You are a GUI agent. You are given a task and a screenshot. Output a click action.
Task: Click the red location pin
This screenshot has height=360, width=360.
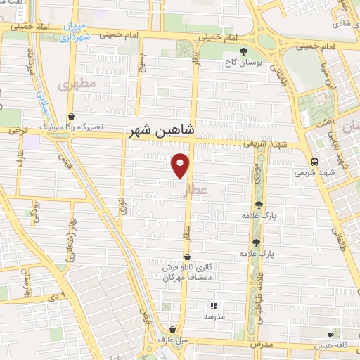[181, 165]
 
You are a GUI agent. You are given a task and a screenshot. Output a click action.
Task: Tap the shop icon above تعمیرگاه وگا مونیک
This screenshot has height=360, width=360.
[70, 117]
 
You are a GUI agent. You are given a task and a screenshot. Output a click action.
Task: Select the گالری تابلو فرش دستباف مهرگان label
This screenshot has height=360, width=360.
[186, 273]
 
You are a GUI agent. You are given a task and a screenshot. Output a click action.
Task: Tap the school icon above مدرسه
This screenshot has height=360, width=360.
[214, 306]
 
